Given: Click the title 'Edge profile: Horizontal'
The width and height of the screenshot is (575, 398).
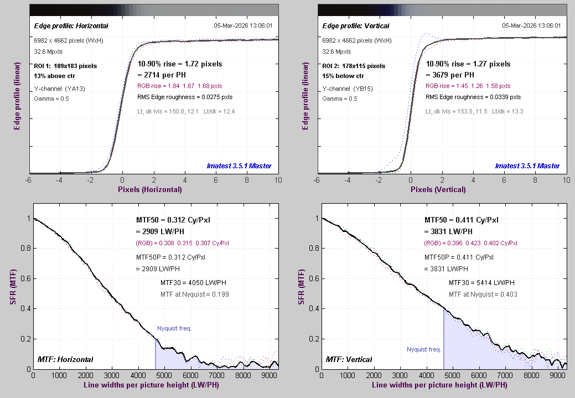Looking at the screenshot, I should coord(71,26).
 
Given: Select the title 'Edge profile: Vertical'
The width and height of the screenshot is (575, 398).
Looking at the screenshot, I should coord(356,26).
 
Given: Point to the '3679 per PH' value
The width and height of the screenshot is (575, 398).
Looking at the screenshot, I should coord(450,75).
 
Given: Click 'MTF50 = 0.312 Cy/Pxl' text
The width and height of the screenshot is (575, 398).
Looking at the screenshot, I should coord(173,219).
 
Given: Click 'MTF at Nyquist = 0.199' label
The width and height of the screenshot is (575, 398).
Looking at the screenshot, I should coord(194,294).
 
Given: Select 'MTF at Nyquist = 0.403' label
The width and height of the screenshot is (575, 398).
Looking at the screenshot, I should coord(483,294).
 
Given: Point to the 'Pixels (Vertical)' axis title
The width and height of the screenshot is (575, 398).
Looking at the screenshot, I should coord(439,189).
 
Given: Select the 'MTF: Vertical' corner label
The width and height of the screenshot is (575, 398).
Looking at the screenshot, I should coord(349,360).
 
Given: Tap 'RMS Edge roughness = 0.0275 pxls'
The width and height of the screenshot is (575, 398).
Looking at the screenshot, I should coord(185,97).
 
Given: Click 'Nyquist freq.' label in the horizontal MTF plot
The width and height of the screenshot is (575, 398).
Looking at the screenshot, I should coord(174,328).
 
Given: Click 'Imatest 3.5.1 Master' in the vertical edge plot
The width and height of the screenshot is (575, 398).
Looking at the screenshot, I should coord(527,166).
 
